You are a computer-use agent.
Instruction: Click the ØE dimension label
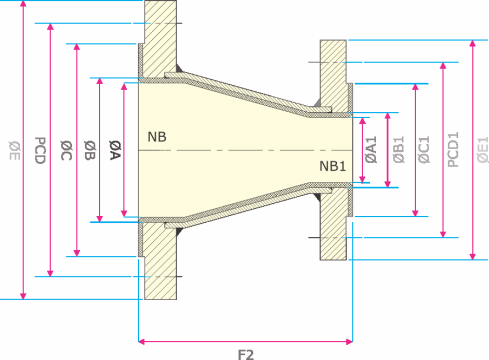(x=15, y=150)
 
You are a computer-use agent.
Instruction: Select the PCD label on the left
(x=40, y=150)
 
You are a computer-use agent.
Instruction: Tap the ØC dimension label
(x=66, y=150)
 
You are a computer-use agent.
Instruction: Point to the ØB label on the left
(x=90, y=150)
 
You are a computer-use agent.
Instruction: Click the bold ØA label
(x=115, y=150)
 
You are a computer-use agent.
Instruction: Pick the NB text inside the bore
(x=157, y=137)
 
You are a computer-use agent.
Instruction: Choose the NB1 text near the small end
(x=333, y=166)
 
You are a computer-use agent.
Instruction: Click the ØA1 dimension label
(x=371, y=149)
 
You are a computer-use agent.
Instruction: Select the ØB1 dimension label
(x=399, y=149)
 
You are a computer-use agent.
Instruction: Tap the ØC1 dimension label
(x=424, y=149)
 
